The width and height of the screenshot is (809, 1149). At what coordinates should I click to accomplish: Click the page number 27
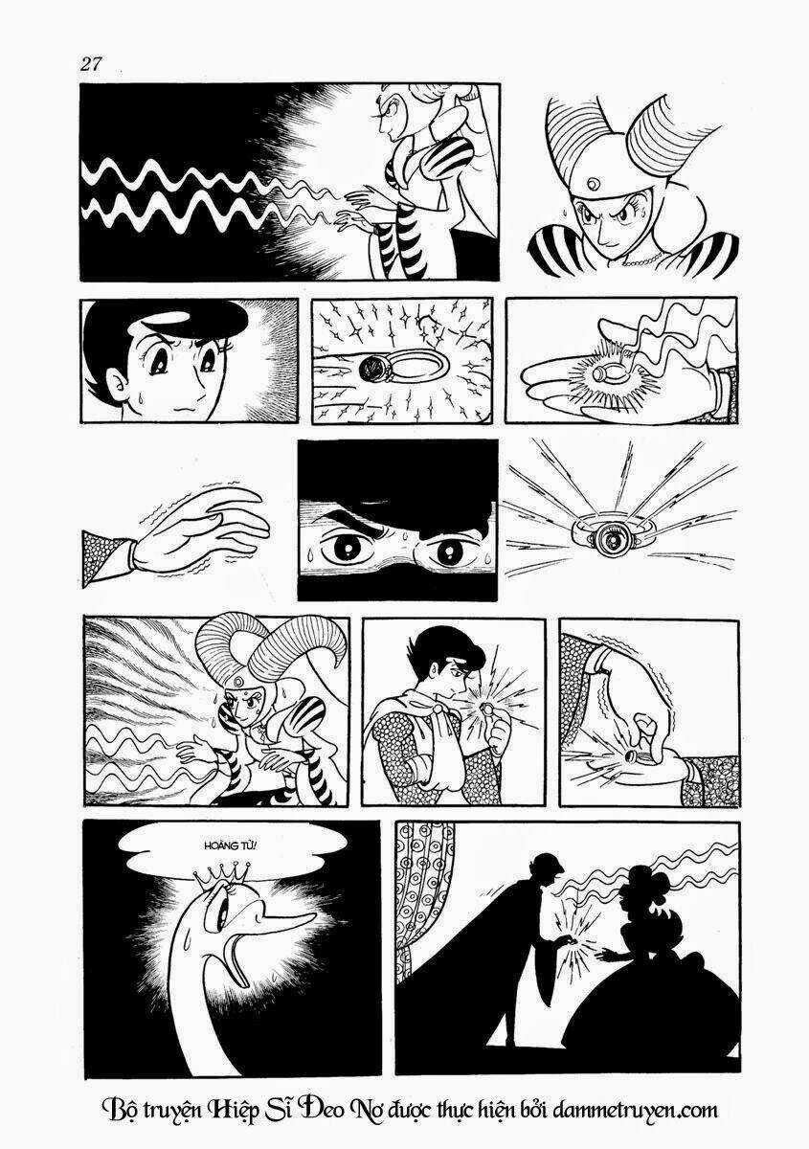(91, 64)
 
